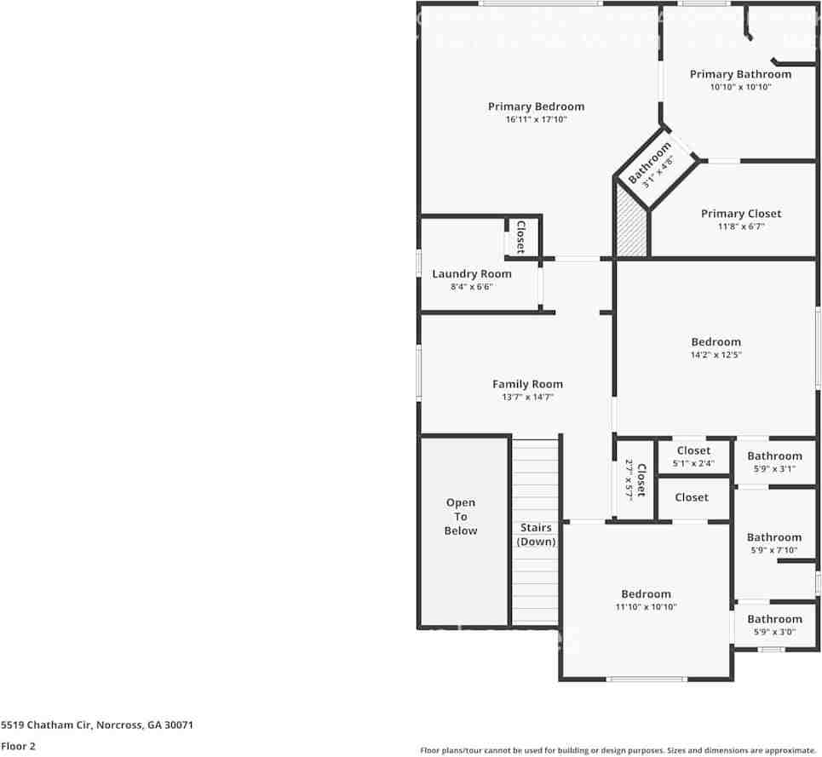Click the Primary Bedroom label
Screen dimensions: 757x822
click(x=536, y=106)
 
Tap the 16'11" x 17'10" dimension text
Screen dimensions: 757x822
click(x=536, y=120)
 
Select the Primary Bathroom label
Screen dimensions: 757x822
click(x=740, y=74)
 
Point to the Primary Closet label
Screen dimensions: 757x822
click(x=740, y=214)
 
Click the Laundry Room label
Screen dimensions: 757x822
click(x=472, y=273)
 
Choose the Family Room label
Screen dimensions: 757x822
click(x=527, y=384)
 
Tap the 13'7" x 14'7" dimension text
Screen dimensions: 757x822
click(x=527, y=398)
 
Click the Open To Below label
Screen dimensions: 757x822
click(x=461, y=517)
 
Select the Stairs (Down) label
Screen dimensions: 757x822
click(x=536, y=535)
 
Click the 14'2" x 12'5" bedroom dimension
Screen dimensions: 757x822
click(x=716, y=355)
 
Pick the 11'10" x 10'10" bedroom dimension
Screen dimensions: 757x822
click(x=646, y=607)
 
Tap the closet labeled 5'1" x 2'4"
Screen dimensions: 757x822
click(x=693, y=456)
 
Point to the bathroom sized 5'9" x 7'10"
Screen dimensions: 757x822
click(x=774, y=543)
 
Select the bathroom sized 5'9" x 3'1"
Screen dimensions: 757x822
click(x=774, y=462)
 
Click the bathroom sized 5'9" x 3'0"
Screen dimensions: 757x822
click(x=774, y=625)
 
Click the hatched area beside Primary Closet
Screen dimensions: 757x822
click(x=631, y=223)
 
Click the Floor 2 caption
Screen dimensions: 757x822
click(x=18, y=746)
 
